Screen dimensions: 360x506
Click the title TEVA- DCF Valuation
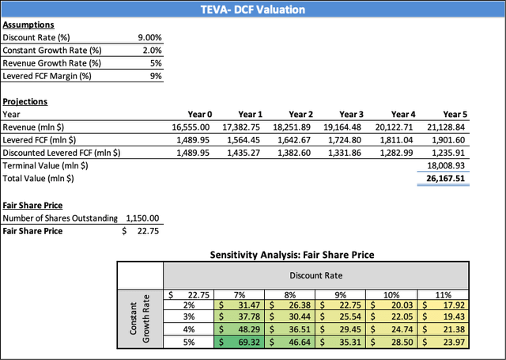[253, 9]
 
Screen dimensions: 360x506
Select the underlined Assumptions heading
[25, 25]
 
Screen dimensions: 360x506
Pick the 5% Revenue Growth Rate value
[156, 63]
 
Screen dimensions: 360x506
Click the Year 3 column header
[352, 114]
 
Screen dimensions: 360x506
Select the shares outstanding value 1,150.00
[143, 218]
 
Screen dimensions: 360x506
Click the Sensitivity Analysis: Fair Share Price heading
[292, 256]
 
